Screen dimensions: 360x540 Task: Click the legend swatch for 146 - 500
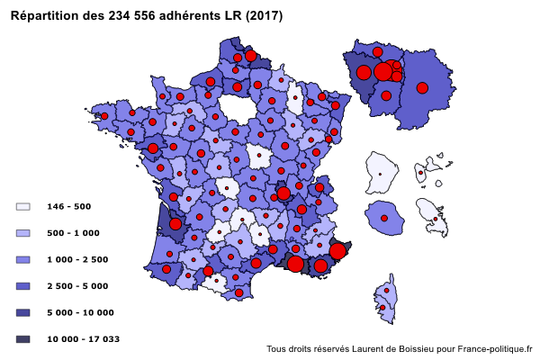pos(23,206)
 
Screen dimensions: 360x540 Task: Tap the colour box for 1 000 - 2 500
pos(23,259)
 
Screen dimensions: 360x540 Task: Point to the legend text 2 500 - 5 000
pos(78,286)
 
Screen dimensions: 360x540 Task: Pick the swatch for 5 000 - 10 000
pos(23,312)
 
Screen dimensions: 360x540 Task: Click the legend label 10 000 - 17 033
pos(84,339)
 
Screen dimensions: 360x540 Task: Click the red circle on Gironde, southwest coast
pos(175,224)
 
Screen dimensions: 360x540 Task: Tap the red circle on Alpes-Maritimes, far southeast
pos(337,251)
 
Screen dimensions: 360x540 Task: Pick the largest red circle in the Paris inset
pos(383,71)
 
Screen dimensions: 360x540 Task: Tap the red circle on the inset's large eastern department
pos(421,87)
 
